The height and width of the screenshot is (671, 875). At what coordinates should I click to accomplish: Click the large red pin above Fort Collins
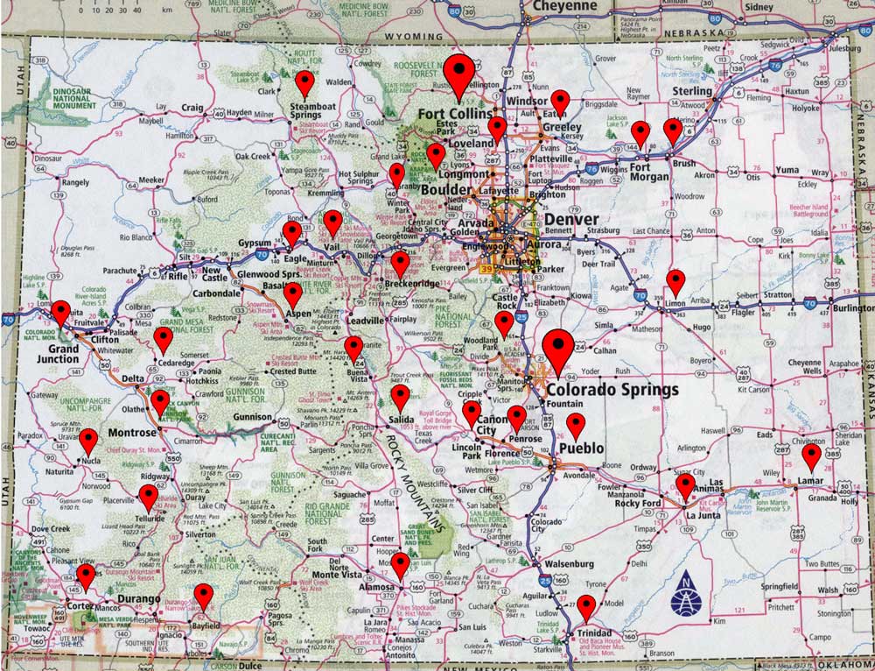coord(458,70)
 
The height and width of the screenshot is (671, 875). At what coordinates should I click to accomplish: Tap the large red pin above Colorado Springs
coord(557,345)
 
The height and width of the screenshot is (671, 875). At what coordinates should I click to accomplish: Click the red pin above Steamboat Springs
coord(304,83)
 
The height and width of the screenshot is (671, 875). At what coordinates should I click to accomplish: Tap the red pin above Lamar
coord(811,456)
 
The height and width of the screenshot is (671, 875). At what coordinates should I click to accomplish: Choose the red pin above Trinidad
coord(586,605)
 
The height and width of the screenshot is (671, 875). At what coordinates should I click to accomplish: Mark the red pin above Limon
coord(675,281)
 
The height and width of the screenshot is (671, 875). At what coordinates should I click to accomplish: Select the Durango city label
coord(139,599)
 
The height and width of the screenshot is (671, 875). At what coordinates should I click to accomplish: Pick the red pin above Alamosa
coord(400,564)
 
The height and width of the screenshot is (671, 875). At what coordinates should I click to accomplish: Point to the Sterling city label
coord(692,91)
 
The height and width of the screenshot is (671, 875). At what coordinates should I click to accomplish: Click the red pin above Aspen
coord(293,294)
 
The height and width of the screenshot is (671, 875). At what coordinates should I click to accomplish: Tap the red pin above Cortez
coord(86,576)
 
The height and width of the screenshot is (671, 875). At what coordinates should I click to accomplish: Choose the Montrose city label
coord(132,433)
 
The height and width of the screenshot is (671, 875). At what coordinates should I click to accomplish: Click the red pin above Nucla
coord(88,440)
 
